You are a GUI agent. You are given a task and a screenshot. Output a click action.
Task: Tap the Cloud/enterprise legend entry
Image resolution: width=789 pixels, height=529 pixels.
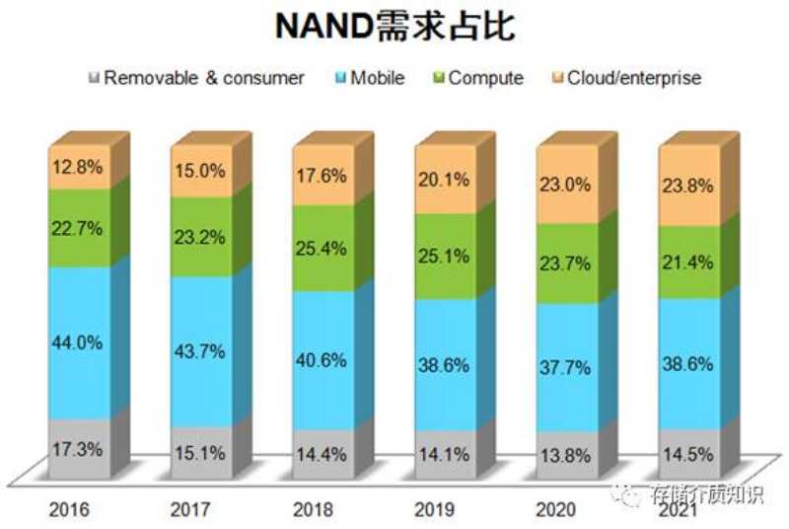pyautogui.click(x=627, y=77)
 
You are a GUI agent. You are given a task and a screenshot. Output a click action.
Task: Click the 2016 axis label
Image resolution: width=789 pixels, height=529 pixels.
pyautogui.click(x=69, y=510)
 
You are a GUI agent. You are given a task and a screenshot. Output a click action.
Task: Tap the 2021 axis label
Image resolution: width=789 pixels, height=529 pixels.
pyautogui.click(x=679, y=510)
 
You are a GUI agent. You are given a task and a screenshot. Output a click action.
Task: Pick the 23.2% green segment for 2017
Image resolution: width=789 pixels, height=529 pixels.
pyautogui.click(x=200, y=237)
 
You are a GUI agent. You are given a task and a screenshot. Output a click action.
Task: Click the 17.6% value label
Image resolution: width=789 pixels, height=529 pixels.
pyautogui.click(x=322, y=179)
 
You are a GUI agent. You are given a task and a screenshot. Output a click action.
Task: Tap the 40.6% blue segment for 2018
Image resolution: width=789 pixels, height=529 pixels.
pyautogui.click(x=322, y=360)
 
